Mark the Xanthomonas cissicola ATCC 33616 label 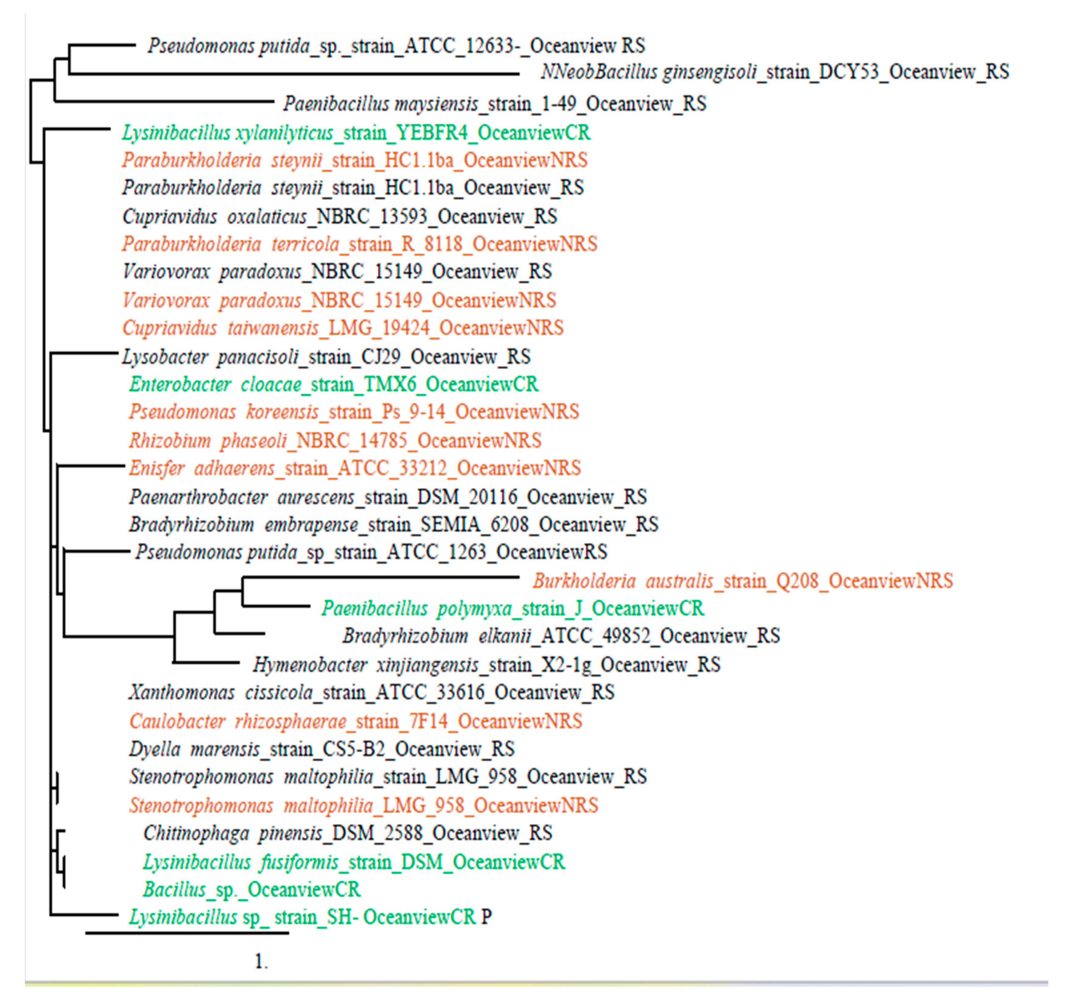(x=371, y=692)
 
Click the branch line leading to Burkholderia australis (x=380, y=577)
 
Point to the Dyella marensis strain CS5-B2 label (x=321, y=749)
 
